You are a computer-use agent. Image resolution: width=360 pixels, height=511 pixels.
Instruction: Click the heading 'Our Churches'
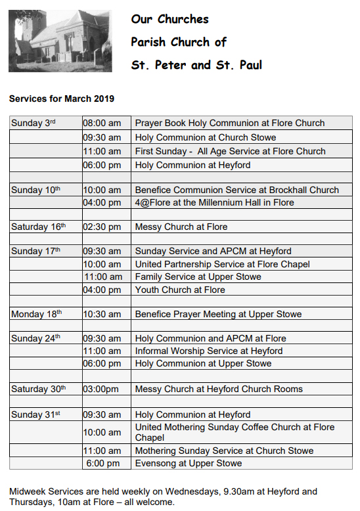[169, 19]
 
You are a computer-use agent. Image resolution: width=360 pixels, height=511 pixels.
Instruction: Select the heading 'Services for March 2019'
[62, 99]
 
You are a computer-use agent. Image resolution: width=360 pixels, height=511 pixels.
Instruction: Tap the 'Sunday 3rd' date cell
[34, 123]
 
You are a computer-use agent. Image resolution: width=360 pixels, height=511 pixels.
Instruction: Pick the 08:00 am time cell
[102, 123]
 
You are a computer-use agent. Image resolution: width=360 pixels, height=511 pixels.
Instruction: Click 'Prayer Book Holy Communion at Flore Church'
[230, 123]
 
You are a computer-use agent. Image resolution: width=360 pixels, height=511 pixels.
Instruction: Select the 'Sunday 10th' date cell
[36, 190]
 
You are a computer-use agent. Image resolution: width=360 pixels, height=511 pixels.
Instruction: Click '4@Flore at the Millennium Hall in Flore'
[214, 202]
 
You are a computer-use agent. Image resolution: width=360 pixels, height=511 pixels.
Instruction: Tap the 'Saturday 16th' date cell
[39, 227]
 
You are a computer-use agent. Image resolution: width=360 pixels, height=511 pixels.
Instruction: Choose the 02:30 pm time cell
[102, 227]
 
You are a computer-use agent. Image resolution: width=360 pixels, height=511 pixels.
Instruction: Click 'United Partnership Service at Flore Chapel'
[222, 264]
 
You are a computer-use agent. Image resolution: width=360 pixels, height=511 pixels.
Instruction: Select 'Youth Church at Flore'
[180, 290]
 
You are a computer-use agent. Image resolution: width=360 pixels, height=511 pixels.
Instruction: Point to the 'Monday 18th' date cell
[37, 314]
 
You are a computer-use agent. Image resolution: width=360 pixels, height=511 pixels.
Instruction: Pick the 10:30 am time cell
[102, 314]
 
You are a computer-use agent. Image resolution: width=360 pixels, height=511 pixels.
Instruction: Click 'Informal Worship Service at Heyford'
[209, 351]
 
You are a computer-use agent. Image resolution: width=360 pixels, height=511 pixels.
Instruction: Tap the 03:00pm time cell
[101, 389]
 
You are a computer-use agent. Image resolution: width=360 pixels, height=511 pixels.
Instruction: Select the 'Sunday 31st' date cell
[36, 414]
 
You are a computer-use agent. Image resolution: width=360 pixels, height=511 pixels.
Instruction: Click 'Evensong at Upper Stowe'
[189, 463]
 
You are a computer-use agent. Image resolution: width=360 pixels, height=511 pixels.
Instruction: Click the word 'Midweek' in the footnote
[28, 491]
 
